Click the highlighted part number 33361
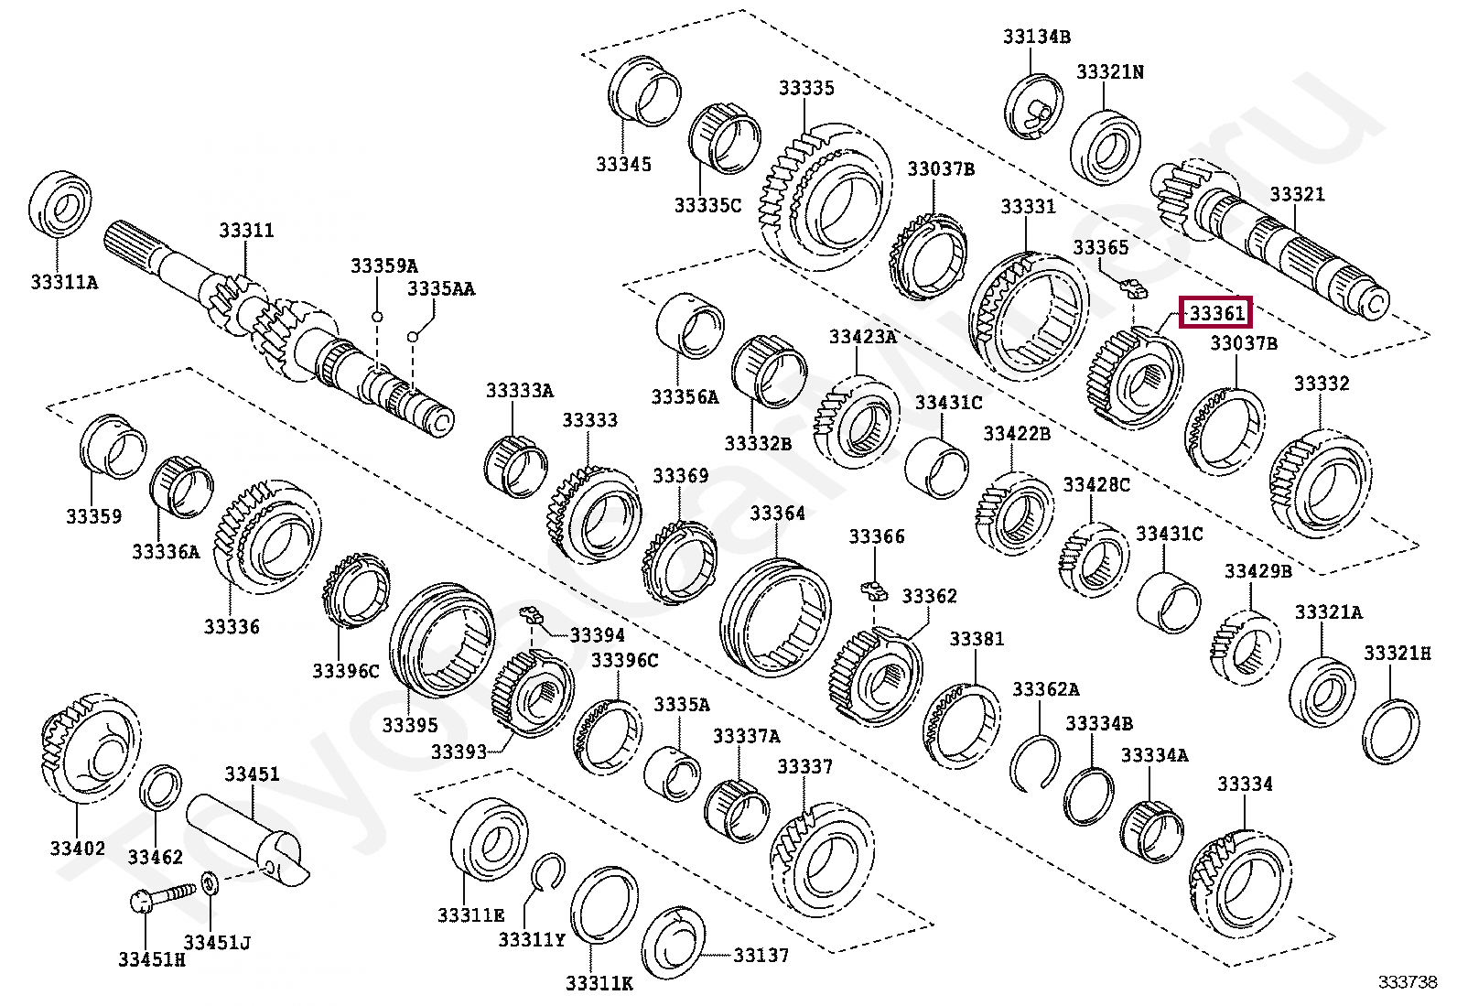point(1216,313)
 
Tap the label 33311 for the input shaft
point(246,231)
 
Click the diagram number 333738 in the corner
point(1408,982)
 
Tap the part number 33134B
point(1036,37)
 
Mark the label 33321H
point(1397,653)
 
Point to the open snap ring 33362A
point(1035,762)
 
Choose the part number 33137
point(761,955)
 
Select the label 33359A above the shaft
point(383,265)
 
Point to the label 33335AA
point(441,288)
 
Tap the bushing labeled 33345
point(643,92)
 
